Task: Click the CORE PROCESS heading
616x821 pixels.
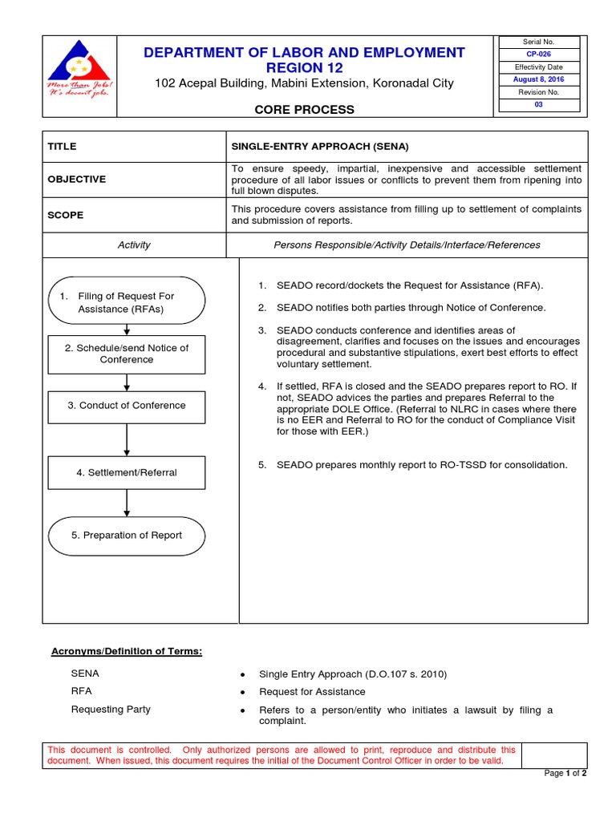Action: (x=304, y=109)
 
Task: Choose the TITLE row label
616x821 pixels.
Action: (x=62, y=147)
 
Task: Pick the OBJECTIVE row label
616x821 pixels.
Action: (x=77, y=179)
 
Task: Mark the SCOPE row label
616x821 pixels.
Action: (x=65, y=215)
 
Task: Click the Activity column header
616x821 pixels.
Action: (x=134, y=245)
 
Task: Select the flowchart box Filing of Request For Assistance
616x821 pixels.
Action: (x=126, y=302)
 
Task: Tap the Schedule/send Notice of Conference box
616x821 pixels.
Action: (x=127, y=354)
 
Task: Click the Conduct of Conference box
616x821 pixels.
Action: (x=127, y=406)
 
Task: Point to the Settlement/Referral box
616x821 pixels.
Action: (x=127, y=472)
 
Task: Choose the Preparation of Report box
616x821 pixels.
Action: (x=127, y=535)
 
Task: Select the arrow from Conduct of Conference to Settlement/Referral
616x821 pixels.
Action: (x=127, y=439)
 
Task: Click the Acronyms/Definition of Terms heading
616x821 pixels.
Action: (x=127, y=651)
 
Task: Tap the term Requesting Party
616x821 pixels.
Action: (x=111, y=710)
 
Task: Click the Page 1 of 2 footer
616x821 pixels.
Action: (x=565, y=773)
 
